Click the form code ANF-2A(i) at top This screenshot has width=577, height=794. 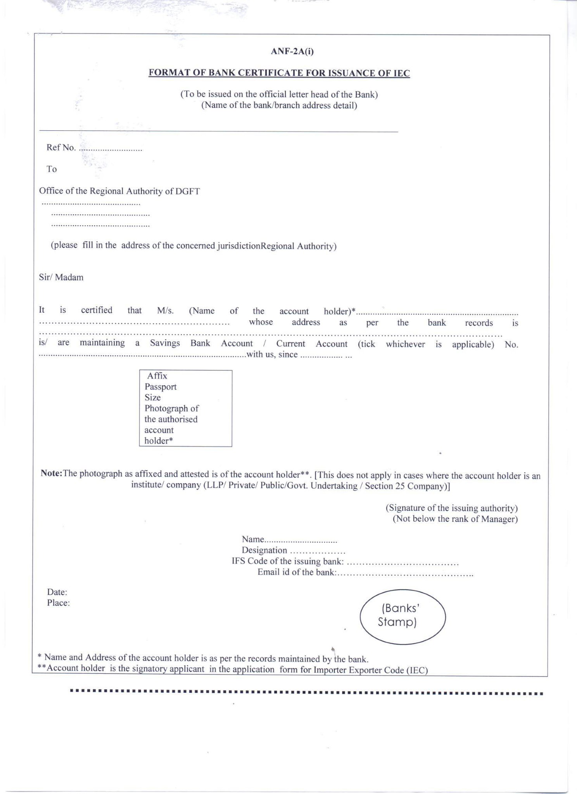[x=292, y=52]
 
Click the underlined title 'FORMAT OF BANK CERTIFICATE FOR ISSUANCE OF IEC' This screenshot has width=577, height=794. [x=279, y=73]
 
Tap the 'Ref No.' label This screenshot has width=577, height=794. [x=61, y=148]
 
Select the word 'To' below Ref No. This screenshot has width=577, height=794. [x=52, y=169]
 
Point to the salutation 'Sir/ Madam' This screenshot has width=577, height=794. [x=61, y=278]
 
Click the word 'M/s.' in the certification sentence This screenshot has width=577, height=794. [x=165, y=311]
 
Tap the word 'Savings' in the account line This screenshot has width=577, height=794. [x=165, y=343]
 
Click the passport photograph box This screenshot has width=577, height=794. [x=186, y=408]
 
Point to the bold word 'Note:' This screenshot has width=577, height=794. [x=52, y=474]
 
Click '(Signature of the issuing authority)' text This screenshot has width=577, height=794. [x=452, y=508]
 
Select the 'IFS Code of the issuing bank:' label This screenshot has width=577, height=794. [x=288, y=561]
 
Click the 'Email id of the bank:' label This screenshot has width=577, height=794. [x=297, y=573]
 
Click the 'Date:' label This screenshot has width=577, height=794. [x=57, y=592]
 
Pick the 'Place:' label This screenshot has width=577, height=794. [x=59, y=603]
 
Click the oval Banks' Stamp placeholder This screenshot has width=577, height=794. [x=403, y=617]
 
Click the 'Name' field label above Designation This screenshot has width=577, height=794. [x=253, y=539]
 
